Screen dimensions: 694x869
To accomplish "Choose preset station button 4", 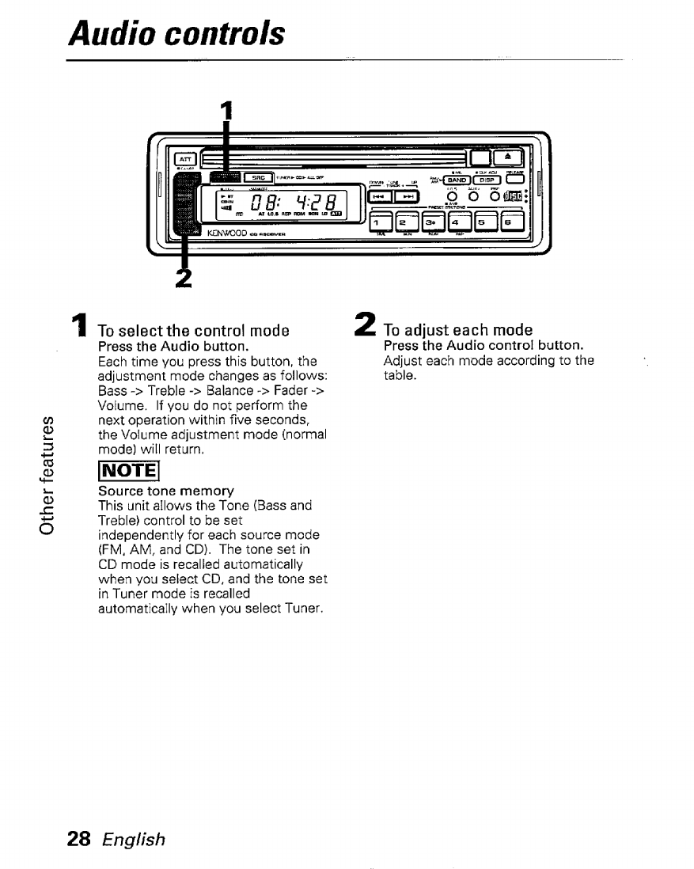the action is pos(459,223).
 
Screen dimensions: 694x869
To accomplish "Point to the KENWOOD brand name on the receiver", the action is pos(228,234).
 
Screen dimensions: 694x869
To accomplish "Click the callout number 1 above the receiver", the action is pos(226,112).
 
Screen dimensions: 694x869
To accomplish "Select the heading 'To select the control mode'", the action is pos(193,330).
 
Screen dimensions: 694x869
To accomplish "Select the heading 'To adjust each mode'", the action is pos(457,330).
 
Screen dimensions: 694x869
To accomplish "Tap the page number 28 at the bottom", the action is pos(81,839).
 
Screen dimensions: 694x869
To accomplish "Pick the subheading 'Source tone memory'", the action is pos(154,491).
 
